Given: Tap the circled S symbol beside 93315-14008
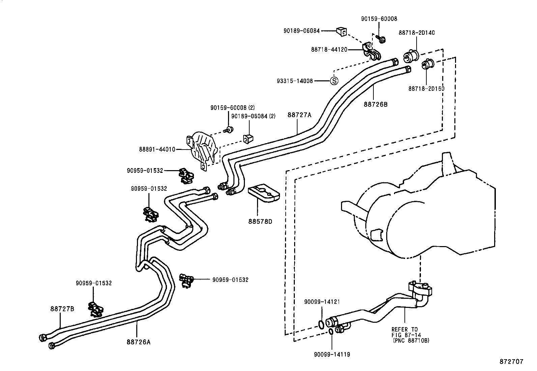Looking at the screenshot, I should (x=334, y=81).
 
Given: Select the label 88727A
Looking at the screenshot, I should (x=299, y=115).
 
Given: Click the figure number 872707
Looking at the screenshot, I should (x=511, y=361).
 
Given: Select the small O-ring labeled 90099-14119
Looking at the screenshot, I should (x=332, y=332).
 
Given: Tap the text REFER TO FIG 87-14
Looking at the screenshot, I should (x=404, y=332).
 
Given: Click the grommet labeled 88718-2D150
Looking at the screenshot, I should (x=429, y=64).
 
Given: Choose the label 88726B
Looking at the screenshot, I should (x=375, y=104).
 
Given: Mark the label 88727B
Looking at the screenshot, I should (x=62, y=309).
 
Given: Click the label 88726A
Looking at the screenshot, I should (x=138, y=342).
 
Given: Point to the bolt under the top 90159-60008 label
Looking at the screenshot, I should (x=382, y=39).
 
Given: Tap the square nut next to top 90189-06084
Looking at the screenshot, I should (x=341, y=32).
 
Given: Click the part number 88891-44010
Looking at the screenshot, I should (x=157, y=149).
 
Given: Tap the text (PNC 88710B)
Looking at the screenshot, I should (x=411, y=341).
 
